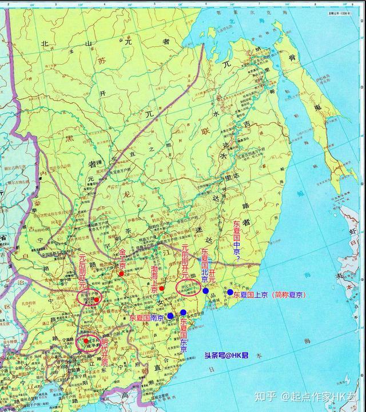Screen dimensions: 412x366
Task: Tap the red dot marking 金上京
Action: coord(121,274)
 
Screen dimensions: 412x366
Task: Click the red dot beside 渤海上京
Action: coord(162,288)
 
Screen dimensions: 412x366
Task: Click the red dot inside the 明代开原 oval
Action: coord(86,341)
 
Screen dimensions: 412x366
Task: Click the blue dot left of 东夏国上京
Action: coord(230,293)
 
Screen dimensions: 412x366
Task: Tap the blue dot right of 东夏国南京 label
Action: coord(170,315)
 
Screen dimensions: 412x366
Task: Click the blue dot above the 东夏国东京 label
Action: coord(183,312)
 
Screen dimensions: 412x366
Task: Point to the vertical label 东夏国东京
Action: coord(184,334)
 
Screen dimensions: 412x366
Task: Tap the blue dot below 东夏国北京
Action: coord(206,291)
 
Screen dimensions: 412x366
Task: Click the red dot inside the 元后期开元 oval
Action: coord(97,299)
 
